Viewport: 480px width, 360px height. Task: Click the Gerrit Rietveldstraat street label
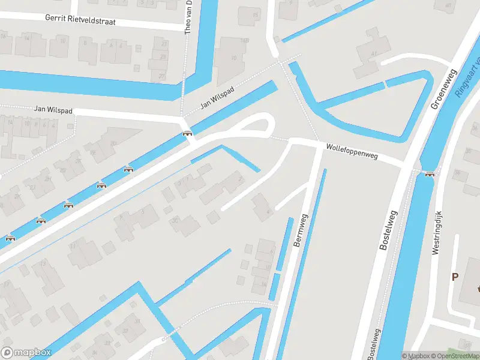(80, 20)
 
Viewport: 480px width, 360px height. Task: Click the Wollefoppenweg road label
(352, 151)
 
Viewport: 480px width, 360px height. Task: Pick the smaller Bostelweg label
(374, 345)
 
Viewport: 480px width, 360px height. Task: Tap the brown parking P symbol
(455, 277)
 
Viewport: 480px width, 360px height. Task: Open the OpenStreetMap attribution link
(455, 356)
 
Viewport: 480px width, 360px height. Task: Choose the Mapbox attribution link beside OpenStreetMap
(416, 356)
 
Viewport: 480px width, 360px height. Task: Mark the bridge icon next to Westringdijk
(429, 174)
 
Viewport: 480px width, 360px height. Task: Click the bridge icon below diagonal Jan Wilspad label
(187, 133)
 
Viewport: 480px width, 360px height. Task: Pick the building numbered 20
(113, 143)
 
